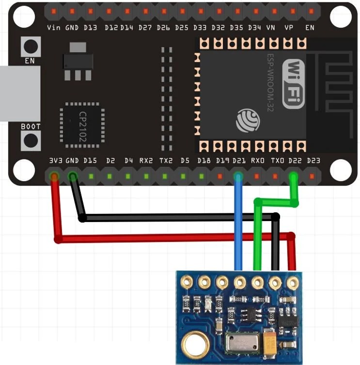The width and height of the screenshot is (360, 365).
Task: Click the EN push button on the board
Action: [x=31, y=47]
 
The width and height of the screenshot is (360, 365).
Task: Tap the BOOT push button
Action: [x=31, y=141]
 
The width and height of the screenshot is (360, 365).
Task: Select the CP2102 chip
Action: [x=82, y=125]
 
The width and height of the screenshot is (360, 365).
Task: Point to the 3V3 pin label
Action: [x=54, y=160]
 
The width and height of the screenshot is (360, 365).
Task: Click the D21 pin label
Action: [x=238, y=160]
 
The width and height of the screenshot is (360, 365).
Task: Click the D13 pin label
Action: [x=91, y=28]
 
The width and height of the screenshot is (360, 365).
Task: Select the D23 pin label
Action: [x=313, y=160]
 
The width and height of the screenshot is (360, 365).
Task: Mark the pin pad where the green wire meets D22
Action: [x=293, y=176]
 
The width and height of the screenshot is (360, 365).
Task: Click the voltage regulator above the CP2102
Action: [x=78, y=61]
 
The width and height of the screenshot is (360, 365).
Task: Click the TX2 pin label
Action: [x=165, y=160]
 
